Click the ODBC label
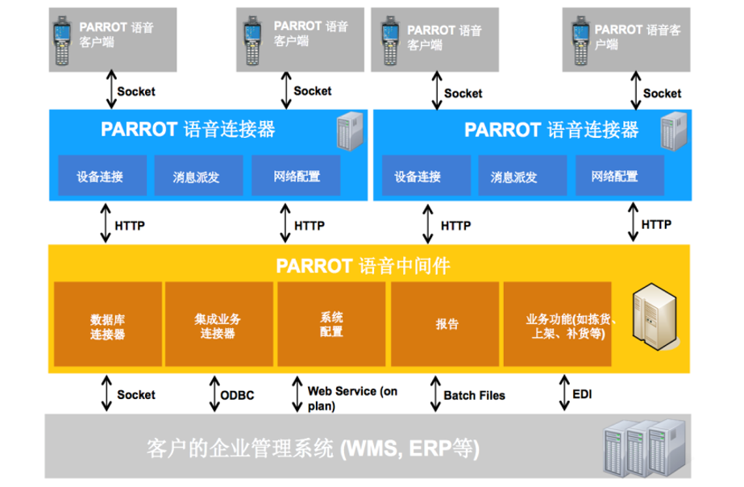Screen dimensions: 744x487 (237, 395)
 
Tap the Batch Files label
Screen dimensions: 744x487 (474, 395)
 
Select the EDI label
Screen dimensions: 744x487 (582, 394)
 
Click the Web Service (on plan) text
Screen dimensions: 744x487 (352, 398)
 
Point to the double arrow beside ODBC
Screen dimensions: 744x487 (214, 393)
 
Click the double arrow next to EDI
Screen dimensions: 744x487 (564, 392)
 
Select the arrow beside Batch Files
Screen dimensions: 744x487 (435, 393)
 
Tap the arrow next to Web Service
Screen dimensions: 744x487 (297, 393)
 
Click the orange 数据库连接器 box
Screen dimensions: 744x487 (108, 324)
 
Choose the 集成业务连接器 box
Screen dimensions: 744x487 (218, 324)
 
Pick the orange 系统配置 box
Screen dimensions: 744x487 (331, 324)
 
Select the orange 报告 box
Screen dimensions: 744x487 (445, 324)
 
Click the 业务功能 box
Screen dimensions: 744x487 (557, 324)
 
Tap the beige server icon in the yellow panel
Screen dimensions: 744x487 (655, 317)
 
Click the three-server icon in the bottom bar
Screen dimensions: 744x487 (644, 448)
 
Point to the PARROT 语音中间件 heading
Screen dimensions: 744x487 (363, 266)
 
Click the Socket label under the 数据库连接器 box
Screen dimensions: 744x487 (136, 394)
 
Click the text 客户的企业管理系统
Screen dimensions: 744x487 (240, 448)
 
